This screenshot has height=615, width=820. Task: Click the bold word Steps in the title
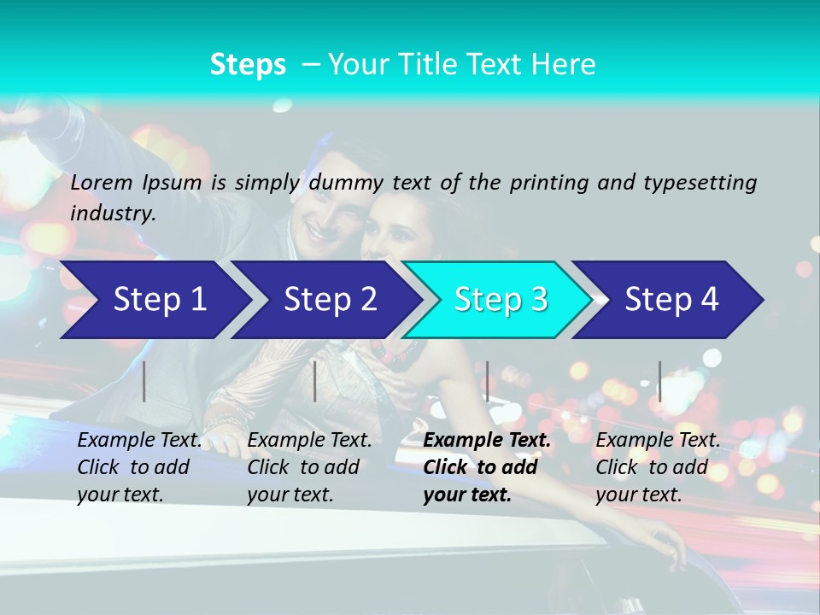tap(248, 64)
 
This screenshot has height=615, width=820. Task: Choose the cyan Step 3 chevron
tap(501, 299)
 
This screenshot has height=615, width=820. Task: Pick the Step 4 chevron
tap(671, 299)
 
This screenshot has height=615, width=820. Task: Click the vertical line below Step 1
tap(144, 381)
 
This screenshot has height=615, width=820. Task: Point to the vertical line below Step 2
tap(315, 381)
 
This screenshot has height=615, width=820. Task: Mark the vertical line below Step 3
tap(487, 381)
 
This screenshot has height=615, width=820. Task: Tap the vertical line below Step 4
tap(659, 381)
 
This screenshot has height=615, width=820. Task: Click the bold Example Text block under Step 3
tap(487, 467)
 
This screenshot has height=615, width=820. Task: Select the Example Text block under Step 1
tap(140, 467)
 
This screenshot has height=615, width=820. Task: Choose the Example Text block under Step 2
tap(309, 467)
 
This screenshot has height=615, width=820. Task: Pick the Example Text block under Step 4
tap(658, 467)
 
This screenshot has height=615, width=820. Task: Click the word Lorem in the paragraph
tap(102, 182)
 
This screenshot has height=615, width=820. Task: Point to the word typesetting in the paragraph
tap(700, 183)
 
